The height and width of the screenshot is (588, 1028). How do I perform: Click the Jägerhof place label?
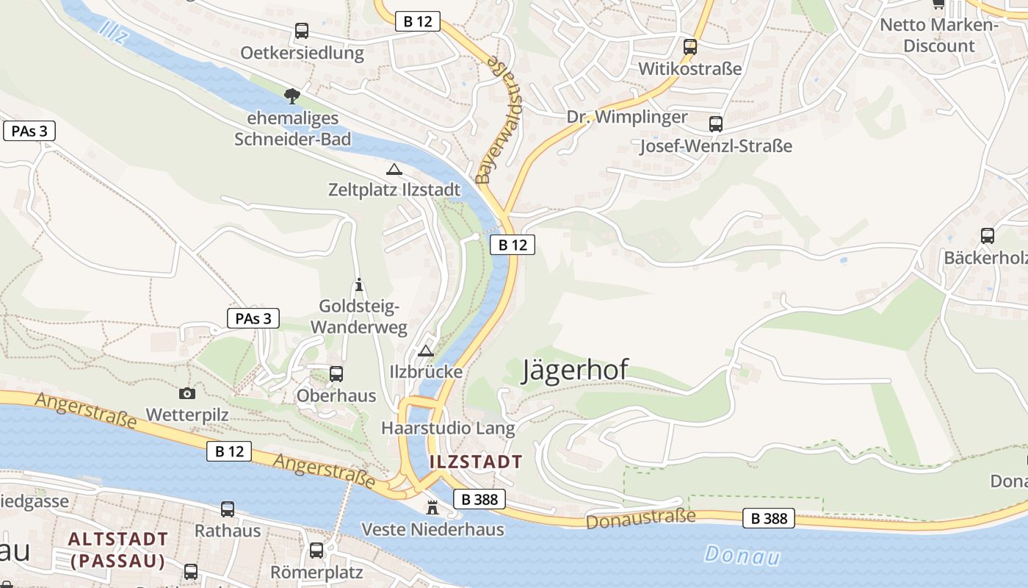click(575, 370)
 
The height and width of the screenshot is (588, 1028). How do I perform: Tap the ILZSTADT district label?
click(476, 462)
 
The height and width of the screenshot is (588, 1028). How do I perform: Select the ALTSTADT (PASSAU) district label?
click(118, 550)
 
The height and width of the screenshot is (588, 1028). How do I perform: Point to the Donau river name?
click(742, 556)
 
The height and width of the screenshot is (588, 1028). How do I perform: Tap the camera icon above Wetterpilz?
click(187, 393)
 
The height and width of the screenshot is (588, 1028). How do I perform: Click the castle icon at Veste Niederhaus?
click(432, 508)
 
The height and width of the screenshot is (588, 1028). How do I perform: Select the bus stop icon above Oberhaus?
click(336, 373)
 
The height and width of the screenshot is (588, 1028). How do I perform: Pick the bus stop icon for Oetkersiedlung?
click(302, 31)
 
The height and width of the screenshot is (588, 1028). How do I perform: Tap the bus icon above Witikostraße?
click(690, 47)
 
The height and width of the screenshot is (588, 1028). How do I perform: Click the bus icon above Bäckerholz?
click(988, 236)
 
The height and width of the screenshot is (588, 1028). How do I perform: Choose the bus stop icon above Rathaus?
click(228, 509)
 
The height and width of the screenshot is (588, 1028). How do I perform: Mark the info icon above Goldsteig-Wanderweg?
click(359, 284)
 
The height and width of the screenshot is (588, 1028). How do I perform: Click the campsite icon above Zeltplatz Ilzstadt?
click(394, 169)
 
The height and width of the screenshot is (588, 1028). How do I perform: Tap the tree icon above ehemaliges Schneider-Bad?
click(292, 96)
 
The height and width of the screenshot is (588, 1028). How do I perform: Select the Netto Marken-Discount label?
click(939, 35)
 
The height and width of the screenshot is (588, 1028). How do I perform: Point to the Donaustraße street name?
click(640, 518)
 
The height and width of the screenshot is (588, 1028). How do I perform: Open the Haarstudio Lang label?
click(448, 428)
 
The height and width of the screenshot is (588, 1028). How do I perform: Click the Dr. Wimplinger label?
click(627, 117)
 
